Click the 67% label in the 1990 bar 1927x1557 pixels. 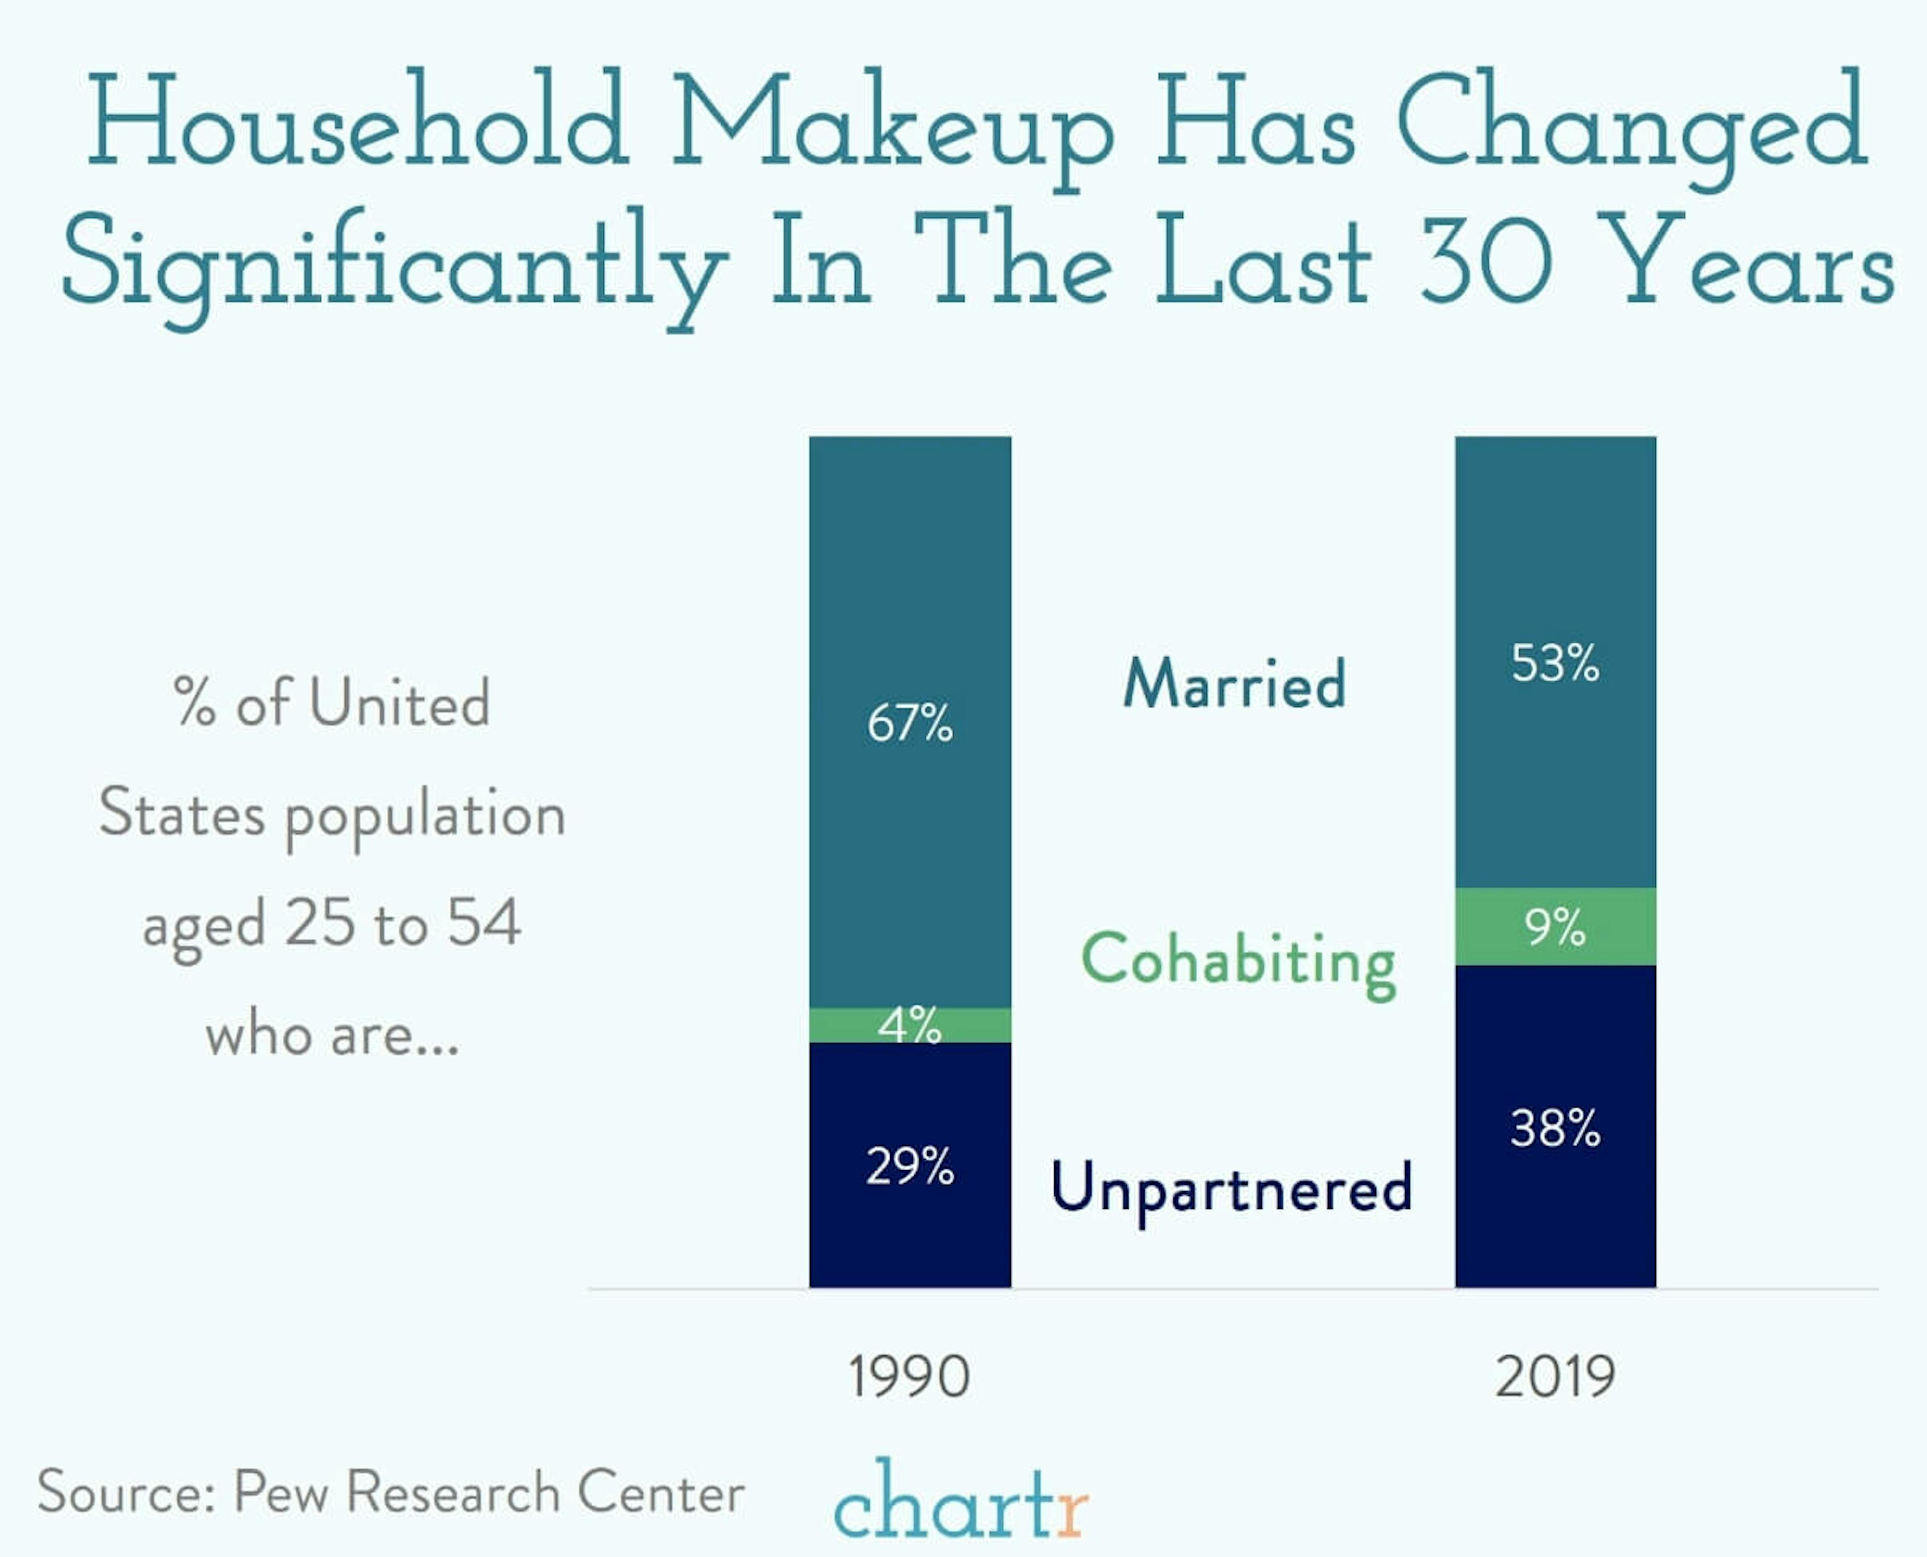(910, 723)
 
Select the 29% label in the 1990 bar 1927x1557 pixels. (910, 1166)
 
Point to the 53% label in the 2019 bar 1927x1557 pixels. (1555, 664)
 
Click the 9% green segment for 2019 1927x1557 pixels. (1555, 926)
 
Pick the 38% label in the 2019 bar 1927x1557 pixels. (1555, 1128)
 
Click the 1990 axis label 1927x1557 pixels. (909, 1377)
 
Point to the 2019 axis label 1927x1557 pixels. (1555, 1377)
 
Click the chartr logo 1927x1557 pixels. (960, 1500)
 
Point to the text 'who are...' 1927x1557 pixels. (332, 1034)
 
